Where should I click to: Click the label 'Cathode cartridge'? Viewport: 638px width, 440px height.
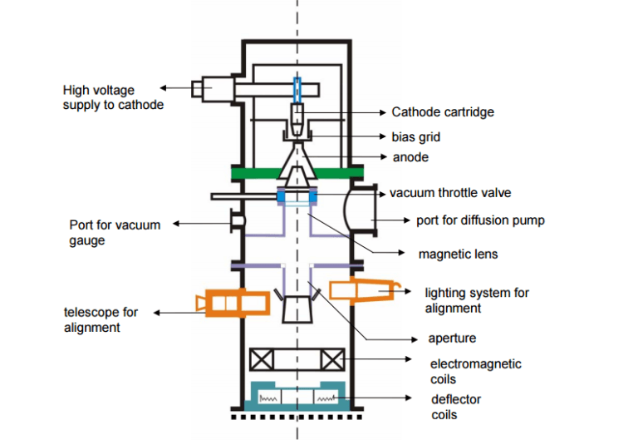point(443,111)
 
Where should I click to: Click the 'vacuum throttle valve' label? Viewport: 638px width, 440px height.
point(450,193)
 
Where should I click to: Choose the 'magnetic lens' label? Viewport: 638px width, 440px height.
point(459,253)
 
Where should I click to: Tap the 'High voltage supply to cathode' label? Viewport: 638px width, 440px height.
point(112,96)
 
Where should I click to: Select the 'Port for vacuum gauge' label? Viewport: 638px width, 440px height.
point(115,232)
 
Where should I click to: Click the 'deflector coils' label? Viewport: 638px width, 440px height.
point(455,407)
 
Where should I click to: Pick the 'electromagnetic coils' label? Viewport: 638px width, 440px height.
point(475,371)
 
